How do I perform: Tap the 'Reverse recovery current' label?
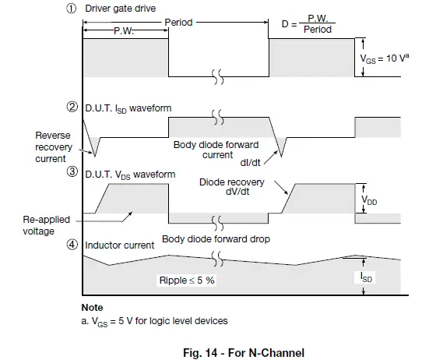[52, 148]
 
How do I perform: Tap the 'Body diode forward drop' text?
[216, 239]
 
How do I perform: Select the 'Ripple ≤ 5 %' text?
[188, 280]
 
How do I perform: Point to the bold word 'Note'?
[92, 307]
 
